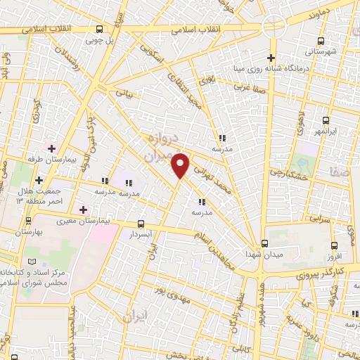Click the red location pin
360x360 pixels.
[181, 165]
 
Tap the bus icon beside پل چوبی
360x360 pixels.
[98, 29]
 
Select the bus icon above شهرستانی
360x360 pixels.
[322, 41]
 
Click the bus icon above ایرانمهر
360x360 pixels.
[325, 120]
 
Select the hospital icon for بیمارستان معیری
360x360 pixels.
[83, 209]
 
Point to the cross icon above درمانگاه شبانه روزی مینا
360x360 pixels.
[271, 57]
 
